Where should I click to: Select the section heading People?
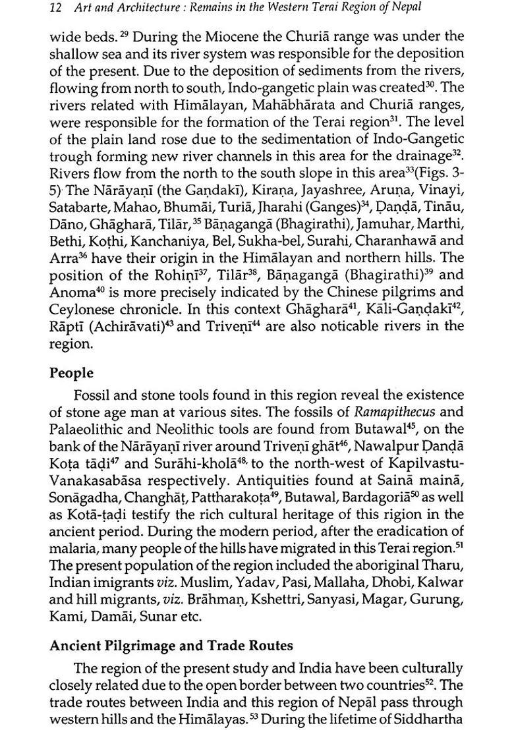pos(71,373)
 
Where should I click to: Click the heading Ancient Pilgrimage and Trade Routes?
pos(171,646)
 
